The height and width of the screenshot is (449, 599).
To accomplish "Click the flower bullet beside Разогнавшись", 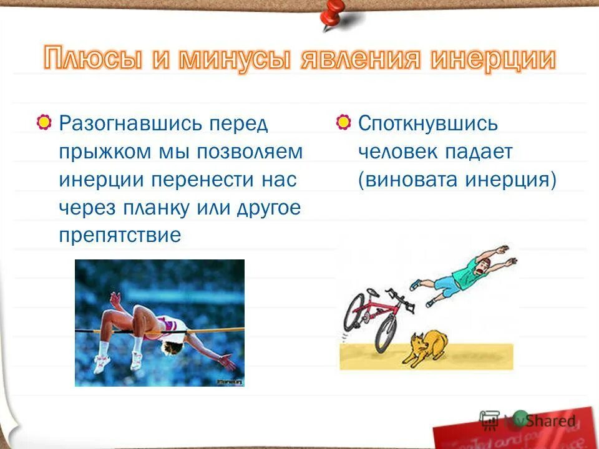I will (x=44, y=123).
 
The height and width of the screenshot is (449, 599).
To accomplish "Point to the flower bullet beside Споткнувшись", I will (x=343, y=123).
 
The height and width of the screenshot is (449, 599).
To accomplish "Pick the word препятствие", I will (x=120, y=236).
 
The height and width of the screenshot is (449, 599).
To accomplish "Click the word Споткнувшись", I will (x=428, y=123).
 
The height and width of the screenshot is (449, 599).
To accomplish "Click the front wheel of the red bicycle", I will (x=385, y=333).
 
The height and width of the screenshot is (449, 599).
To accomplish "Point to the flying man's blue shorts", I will (x=446, y=287).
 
